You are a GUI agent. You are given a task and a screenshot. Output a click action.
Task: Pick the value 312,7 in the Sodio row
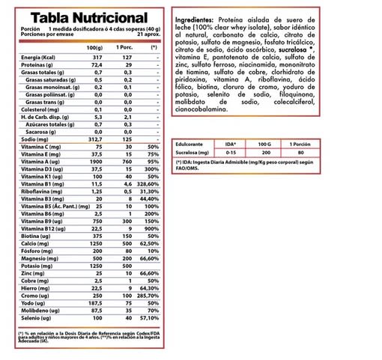(95, 159)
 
